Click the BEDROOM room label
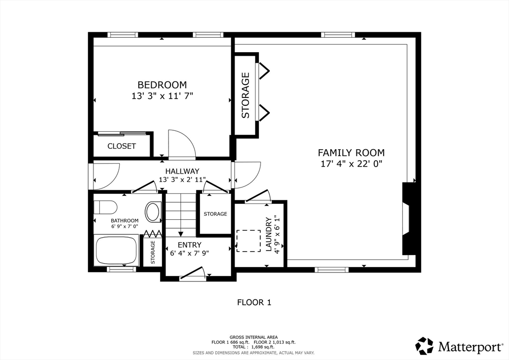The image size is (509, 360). (162, 85)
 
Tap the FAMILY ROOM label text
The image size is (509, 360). (351, 153)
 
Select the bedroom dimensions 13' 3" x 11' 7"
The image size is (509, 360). (162, 96)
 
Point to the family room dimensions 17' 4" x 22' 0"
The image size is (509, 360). (351, 163)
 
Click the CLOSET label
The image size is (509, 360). (122, 146)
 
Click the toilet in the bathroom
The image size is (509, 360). (105, 206)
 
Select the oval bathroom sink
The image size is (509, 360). (153, 211)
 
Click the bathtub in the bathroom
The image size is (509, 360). (116, 250)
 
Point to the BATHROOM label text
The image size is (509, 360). (124, 221)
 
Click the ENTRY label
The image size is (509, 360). (189, 245)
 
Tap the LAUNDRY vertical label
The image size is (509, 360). (268, 234)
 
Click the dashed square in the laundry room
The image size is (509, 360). (249, 241)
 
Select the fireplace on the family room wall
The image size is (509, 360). (409, 219)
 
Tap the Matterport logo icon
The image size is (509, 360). (424, 346)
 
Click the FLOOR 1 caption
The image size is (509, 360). (254, 302)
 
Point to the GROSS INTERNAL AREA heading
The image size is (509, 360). (254, 337)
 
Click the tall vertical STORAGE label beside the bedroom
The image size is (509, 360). (246, 95)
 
